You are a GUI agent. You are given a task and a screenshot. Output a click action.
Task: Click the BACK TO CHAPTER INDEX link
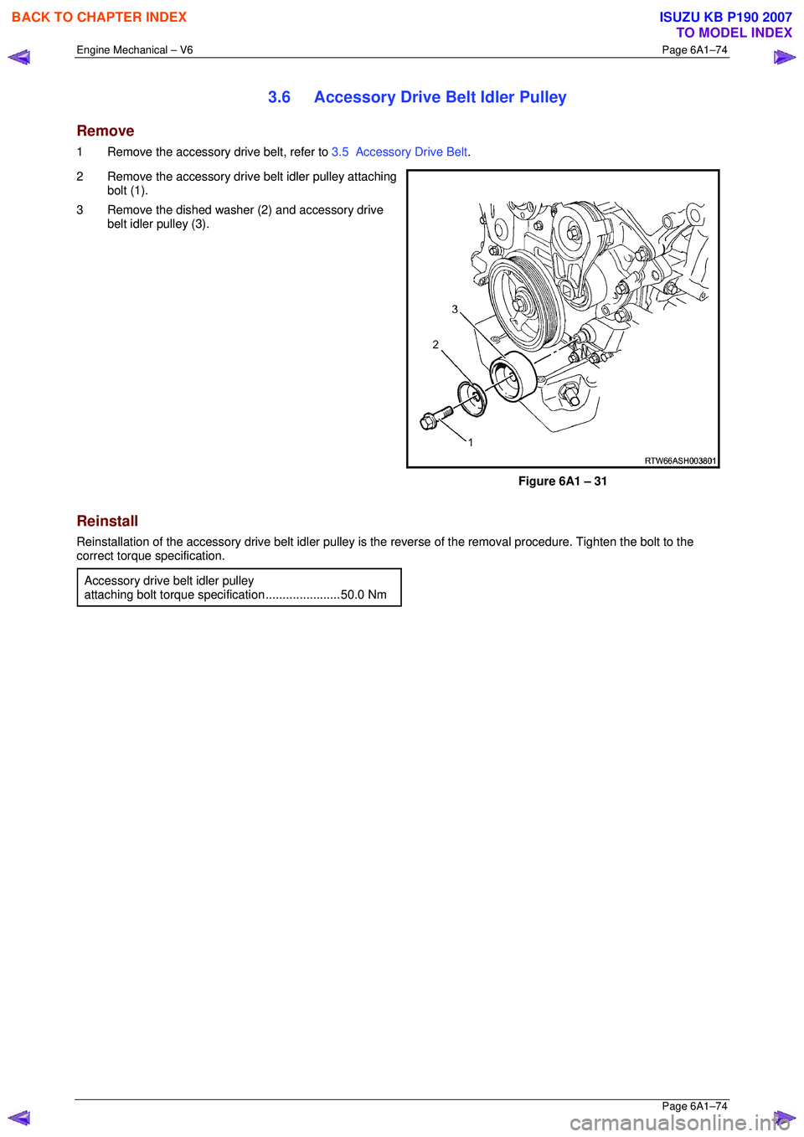coord(99,17)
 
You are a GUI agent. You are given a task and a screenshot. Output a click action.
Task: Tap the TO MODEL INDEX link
coord(734,33)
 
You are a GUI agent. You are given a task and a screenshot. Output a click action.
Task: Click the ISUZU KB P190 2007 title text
coord(725,17)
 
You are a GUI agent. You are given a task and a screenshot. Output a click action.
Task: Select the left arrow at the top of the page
coord(19,58)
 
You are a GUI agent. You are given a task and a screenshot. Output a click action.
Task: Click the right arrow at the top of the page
coord(785,58)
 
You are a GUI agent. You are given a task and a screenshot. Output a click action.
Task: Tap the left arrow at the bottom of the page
coord(19,1118)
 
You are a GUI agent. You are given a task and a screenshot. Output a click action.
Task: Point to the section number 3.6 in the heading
coord(279,97)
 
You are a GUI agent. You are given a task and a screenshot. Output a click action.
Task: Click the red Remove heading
coord(106,131)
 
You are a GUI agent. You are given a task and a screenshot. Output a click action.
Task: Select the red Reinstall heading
coord(107,521)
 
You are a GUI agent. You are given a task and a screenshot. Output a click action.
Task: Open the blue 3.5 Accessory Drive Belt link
coord(399,152)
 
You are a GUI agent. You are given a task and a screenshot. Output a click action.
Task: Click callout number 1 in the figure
coord(471,442)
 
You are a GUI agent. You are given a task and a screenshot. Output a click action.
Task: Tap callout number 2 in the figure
coord(435,344)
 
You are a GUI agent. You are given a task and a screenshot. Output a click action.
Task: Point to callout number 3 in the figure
coord(455,309)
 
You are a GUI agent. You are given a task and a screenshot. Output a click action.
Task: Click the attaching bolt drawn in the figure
coord(435,417)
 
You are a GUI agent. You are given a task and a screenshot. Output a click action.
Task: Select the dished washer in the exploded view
coord(472,398)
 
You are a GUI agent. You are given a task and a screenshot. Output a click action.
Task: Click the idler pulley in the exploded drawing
coord(513,377)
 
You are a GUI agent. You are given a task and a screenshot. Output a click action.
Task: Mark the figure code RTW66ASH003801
coord(680,460)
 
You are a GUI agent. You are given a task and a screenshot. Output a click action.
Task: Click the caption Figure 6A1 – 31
coord(562,481)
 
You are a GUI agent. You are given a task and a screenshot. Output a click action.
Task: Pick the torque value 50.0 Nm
coord(363,594)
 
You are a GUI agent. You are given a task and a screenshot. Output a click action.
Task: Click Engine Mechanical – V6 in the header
coord(135,50)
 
